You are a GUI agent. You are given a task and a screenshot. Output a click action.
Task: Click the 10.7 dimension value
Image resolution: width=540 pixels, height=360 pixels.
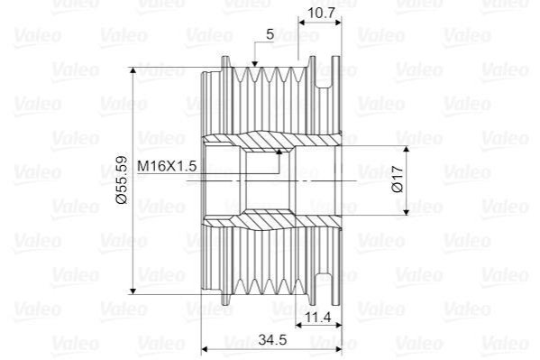point(321,13)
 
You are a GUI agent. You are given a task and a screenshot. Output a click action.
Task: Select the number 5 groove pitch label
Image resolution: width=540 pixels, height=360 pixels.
point(270,34)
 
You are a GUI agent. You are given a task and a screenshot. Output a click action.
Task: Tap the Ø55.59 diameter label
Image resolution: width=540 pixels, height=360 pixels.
point(122,180)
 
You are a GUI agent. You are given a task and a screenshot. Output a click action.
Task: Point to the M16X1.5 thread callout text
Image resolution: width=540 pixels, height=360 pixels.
point(167,166)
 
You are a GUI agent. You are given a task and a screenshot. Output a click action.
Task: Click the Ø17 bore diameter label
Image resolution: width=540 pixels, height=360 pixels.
point(398,179)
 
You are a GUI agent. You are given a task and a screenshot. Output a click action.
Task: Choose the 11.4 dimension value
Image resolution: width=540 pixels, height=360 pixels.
point(318,316)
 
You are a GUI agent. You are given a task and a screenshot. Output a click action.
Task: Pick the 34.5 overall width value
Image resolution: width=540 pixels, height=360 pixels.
point(272,339)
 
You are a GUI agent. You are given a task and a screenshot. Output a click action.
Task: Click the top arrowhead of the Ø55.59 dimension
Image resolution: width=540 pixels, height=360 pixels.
point(133,70)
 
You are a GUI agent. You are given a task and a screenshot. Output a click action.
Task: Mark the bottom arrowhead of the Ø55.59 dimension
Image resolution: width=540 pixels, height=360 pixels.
point(133,291)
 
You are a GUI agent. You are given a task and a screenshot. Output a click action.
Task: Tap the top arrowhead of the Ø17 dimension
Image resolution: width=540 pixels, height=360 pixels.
point(407,149)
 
